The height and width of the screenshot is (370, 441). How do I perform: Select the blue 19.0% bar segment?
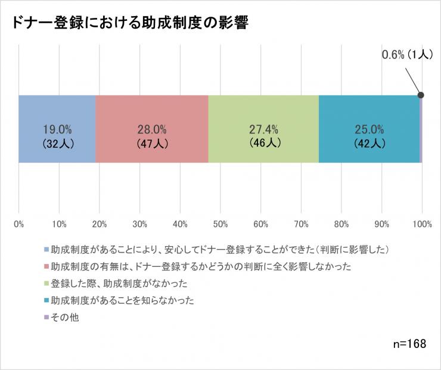[x=57, y=129]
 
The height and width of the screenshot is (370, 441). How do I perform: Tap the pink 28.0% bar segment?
[x=151, y=129]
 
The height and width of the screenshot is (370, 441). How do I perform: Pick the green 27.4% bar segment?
[x=263, y=129]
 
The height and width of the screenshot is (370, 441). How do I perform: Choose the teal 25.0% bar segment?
[x=369, y=129]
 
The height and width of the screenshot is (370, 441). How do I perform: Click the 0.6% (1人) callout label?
[x=406, y=55]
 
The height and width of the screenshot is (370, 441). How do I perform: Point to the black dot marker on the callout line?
[x=421, y=95]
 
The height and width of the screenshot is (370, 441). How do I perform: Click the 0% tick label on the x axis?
[x=18, y=224]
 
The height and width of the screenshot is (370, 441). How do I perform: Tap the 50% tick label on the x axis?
[x=220, y=224]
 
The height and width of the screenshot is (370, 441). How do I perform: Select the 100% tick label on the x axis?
[x=422, y=224]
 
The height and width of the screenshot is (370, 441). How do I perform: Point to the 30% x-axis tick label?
[x=139, y=224]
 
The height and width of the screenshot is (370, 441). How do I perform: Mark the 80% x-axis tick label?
[x=341, y=224]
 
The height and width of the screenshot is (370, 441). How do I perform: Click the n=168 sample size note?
[x=409, y=344]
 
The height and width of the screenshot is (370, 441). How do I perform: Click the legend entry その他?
[x=64, y=318]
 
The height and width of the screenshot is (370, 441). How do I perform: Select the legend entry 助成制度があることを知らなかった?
[x=122, y=300]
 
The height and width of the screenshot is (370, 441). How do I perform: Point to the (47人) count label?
[x=151, y=144]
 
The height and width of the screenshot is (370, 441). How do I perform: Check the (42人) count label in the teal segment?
[x=369, y=144]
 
